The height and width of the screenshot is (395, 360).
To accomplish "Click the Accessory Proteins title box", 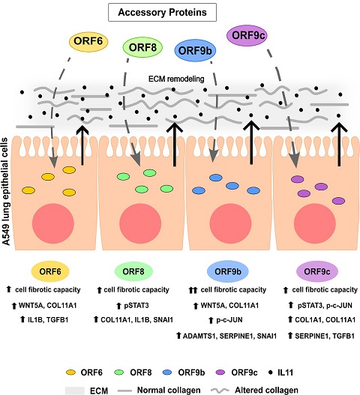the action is tap(162, 12).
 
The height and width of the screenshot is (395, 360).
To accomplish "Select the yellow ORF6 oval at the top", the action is tap(88, 41).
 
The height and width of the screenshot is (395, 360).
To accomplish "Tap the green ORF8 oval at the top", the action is tap(142, 47).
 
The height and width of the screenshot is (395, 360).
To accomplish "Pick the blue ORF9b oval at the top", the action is tap(195, 51).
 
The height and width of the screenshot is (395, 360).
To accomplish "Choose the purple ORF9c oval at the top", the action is tap(247, 35).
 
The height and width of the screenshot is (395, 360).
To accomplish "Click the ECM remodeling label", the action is tap(176, 79).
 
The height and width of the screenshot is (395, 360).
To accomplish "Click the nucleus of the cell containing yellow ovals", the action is tap(53, 223).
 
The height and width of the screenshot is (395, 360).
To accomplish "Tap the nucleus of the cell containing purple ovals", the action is tap(315, 223).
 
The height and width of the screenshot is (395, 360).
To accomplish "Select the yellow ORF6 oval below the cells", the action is tap(50, 271).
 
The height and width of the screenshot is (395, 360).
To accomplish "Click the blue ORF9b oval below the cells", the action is tap(228, 271).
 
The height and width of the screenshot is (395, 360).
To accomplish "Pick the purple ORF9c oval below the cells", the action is tap(317, 271).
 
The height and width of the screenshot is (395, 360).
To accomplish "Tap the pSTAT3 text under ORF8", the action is tap(136, 306).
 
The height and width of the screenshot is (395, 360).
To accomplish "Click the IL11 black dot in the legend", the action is tap(271, 372).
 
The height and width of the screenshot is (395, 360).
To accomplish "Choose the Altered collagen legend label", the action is tap(266, 391).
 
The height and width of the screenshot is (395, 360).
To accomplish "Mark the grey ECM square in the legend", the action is tap(75, 391).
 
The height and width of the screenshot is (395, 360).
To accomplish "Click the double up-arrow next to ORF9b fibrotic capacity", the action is tap(193, 291).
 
